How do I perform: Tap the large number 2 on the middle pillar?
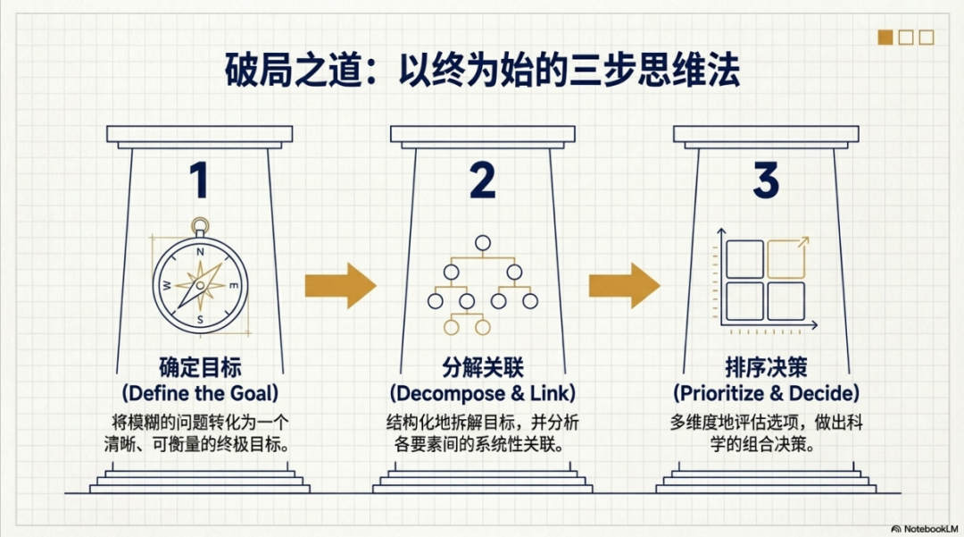(482, 180)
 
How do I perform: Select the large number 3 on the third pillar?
(766, 180)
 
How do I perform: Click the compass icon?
(200, 281)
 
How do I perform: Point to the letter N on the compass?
(200, 253)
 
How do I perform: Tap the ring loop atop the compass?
(200, 227)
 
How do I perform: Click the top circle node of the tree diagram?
(483, 242)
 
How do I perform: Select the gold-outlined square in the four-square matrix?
(786, 259)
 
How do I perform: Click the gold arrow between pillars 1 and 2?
(340, 285)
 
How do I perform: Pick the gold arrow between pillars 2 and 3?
(624, 285)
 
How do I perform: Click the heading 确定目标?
(200, 368)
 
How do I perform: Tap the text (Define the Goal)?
(200, 393)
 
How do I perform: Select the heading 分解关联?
(483, 368)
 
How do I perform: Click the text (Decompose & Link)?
(483, 393)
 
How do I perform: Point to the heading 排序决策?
(766, 368)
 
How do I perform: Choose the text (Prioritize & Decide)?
(766, 393)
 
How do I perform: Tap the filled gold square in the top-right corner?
(885, 38)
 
